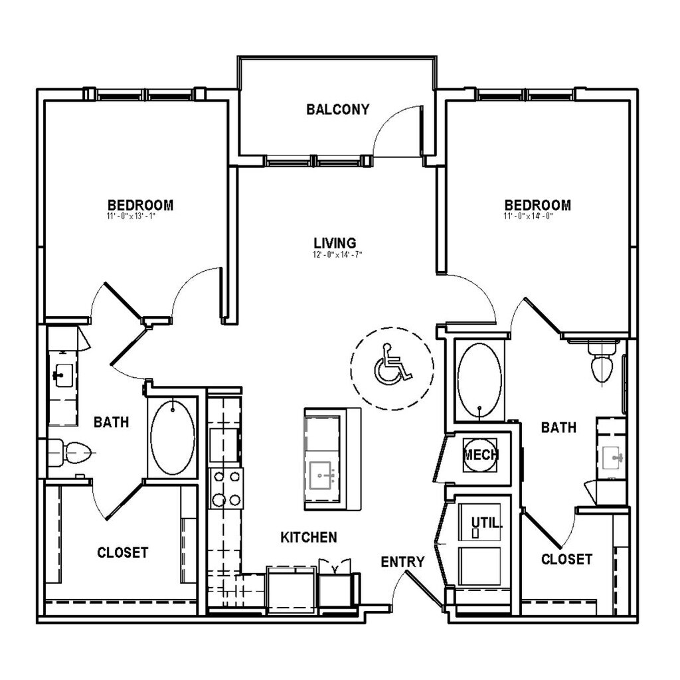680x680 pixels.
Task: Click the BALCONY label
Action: tap(337, 110)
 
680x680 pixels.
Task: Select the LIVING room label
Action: tap(335, 243)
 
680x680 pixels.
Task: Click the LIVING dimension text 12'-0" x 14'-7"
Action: tap(337, 254)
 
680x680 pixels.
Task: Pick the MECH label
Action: tap(481, 456)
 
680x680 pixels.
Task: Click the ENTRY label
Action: tap(402, 562)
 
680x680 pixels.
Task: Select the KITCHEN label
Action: tap(308, 537)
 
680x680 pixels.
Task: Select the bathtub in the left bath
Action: tap(173, 437)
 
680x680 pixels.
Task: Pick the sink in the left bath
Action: tap(63, 377)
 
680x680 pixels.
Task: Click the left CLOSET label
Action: tap(122, 552)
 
